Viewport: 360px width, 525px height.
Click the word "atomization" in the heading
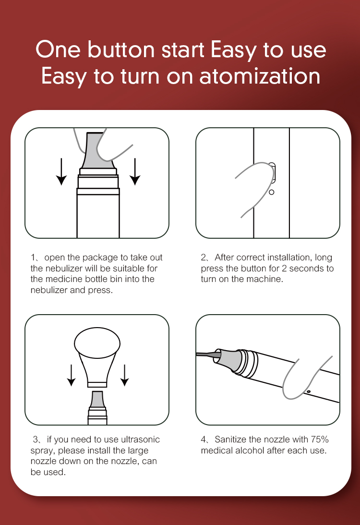(x=260, y=76)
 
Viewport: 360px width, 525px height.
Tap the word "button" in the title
(x=121, y=49)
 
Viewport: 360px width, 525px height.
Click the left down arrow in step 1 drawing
(x=61, y=171)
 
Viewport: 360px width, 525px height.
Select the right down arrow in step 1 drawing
(x=135, y=171)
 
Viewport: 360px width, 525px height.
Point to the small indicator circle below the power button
(x=272, y=192)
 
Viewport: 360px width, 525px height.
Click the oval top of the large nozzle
(x=97, y=343)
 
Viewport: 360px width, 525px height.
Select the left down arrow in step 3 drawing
(x=71, y=375)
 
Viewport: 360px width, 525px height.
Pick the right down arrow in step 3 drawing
(x=125, y=375)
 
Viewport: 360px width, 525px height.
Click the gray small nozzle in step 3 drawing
(x=97, y=399)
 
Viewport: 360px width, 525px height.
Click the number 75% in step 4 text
(x=320, y=440)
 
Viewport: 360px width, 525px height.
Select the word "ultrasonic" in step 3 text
(x=140, y=440)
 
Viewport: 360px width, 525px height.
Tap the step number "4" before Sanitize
(x=204, y=440)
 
